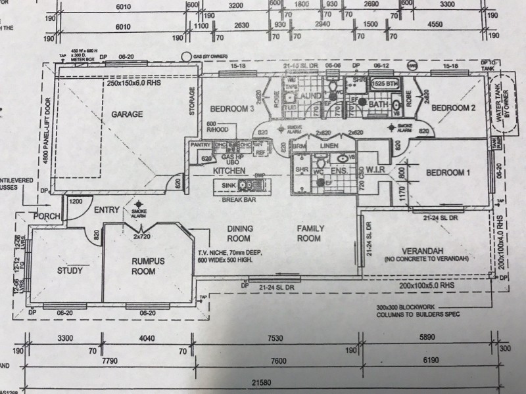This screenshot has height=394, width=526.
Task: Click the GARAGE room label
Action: pos(127,114)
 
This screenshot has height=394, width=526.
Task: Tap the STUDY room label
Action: pos(68,269)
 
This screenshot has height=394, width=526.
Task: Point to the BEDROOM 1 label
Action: pos(448,173)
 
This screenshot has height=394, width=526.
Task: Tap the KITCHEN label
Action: pos(229,171)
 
